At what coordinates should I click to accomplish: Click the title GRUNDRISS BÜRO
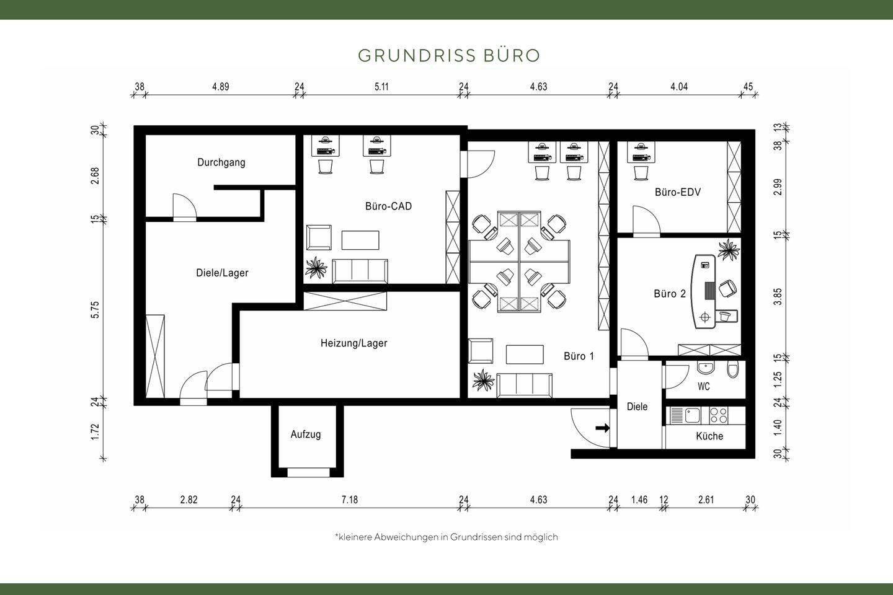(x=449, y=55)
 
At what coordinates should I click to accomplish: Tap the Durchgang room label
(x=221, y=162)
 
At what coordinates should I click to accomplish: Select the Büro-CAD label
(x=388, y=206)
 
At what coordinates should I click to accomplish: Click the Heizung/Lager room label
(x=353, y=343)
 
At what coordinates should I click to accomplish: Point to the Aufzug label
(x=306, y=434)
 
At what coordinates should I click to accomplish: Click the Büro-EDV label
(x=677, y=192)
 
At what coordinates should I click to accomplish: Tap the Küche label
(x=709, y=436)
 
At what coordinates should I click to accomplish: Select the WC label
(x=703, y=387)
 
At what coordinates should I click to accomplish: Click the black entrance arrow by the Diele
(x=602, y=428)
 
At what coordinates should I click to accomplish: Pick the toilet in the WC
(x=733, y=370)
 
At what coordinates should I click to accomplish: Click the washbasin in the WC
(x=706, y=368)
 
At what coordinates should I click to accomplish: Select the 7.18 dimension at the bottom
(x=349, y=500)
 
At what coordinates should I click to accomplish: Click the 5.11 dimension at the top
(x=381, y=87)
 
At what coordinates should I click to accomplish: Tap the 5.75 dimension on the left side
(x=95, y=310)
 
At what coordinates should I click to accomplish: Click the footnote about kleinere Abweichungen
(x=446, y=537)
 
